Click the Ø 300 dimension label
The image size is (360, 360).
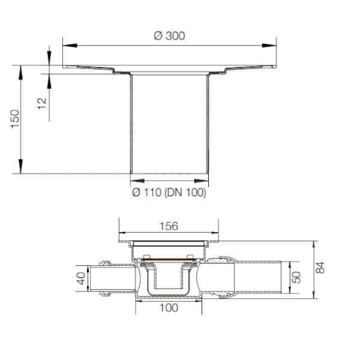169,36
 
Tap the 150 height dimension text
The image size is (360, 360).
16,119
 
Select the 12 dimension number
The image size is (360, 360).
42,104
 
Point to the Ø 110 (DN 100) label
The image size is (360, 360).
169,193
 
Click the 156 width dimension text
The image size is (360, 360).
169,226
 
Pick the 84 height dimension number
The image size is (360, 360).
320,268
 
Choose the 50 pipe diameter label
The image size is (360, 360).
296,277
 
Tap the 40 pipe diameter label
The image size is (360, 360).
81,278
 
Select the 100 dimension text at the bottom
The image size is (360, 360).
169,308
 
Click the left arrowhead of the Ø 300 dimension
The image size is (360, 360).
70,46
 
